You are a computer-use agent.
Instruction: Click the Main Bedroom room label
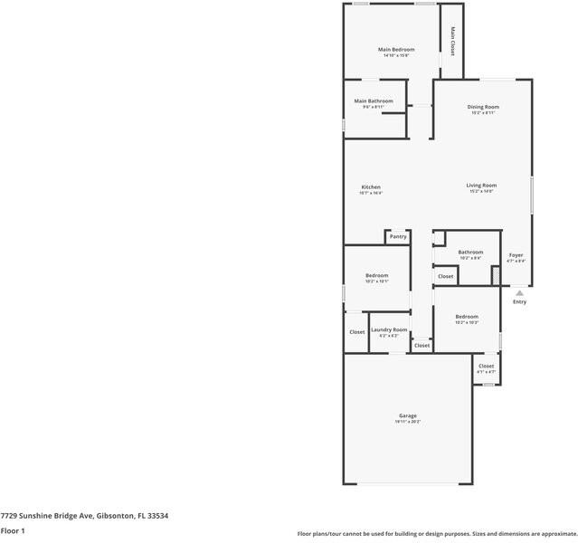[x=395, y=49]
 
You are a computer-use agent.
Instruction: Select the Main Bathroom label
[x=374, y=100]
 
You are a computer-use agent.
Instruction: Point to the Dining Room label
[x=483, y=107]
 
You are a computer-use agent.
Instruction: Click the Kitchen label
[x=371, y=187]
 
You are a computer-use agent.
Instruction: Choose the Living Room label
[x=481, y=186]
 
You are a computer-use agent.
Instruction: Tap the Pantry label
[x=398, y=236]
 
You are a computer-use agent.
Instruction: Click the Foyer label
[x=516, y=255]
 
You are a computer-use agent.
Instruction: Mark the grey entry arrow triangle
[x=519, y=293]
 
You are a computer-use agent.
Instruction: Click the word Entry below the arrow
[x=519, y=302]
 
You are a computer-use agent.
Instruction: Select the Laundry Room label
[x=389, y=329]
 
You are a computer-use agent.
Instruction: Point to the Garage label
[x=408, y=415]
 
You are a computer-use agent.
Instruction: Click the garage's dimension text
[x=408, y=422]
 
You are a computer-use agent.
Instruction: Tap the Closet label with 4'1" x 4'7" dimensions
[x=486, y=366]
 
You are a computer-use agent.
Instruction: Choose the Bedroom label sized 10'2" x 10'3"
[x=467, y=317]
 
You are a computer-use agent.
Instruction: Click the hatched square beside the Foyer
[x=496, y=274]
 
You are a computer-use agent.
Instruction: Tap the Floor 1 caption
[x=13, y=531]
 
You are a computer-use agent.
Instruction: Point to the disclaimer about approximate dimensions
[x=437, y=534]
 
